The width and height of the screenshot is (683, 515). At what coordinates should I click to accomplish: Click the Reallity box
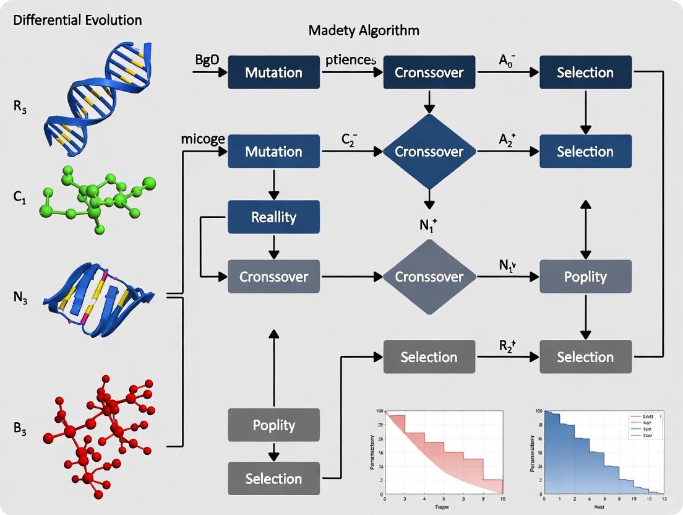click(273, 217)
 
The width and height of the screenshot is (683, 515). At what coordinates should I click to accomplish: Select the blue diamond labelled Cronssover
click(429, 152)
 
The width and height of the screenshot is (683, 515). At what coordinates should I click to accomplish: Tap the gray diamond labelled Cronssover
click(429, 277)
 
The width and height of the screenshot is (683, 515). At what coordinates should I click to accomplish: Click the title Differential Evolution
click(77, 20)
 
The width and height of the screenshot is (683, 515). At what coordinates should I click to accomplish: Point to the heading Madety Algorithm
click(364, 30)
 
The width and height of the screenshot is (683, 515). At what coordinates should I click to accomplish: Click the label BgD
click(207, 60)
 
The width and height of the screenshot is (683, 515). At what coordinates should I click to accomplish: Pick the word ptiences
click(350, 60)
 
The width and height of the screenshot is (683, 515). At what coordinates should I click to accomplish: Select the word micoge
click(203, 139)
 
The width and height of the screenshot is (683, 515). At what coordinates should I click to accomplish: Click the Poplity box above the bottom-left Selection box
click(273, 425)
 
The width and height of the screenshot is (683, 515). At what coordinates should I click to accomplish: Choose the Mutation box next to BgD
click(273, 72)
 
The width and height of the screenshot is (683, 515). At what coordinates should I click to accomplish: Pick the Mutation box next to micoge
click(273, 152)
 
